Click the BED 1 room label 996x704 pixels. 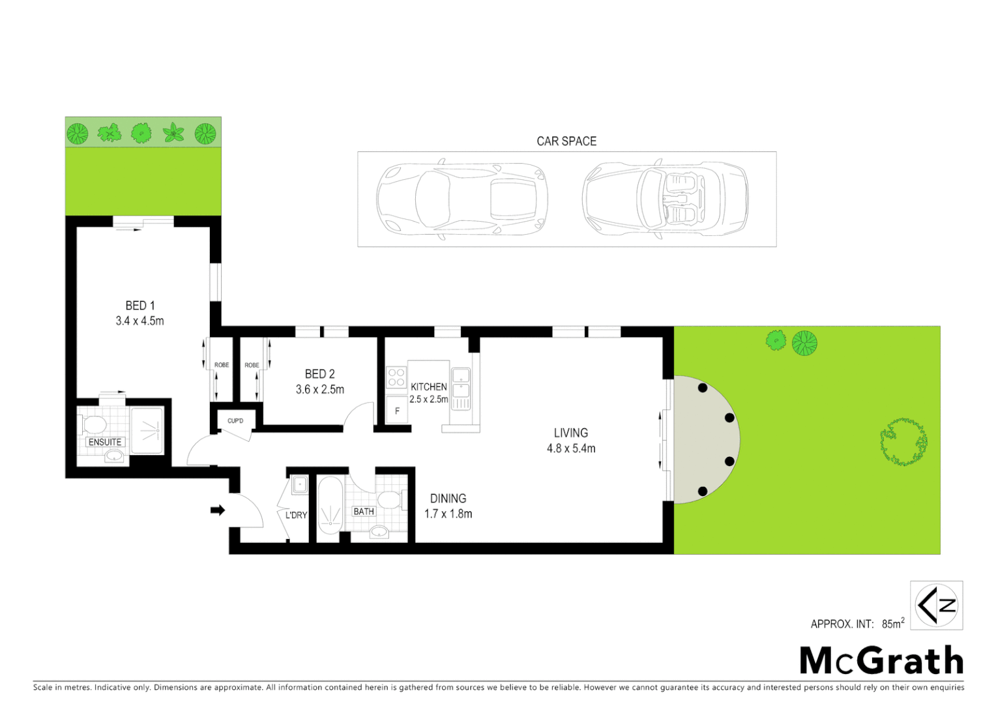click(139, 305)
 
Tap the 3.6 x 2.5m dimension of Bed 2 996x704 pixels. click(319, 389)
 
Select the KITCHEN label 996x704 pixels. click(428, 387)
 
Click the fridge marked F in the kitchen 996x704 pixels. click(397, 411)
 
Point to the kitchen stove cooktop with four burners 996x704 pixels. click(396, 377)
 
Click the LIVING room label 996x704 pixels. click(570, 433)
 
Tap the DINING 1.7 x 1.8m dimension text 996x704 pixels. click(448, 514)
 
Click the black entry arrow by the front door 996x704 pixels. click(218, 510)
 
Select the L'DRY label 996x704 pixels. click(296, 515)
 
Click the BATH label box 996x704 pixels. click(364, 512)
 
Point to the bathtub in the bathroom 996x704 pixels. click(330, 505)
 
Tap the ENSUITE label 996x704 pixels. click(105, 442)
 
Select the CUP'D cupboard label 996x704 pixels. click(235, 420)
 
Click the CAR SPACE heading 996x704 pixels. click(566, 141)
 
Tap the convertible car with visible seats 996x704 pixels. click(665, 199)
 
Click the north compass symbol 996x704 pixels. click(936, 605)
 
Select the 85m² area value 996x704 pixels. click(892, 623)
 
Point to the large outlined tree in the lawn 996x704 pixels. click(903, 441)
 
